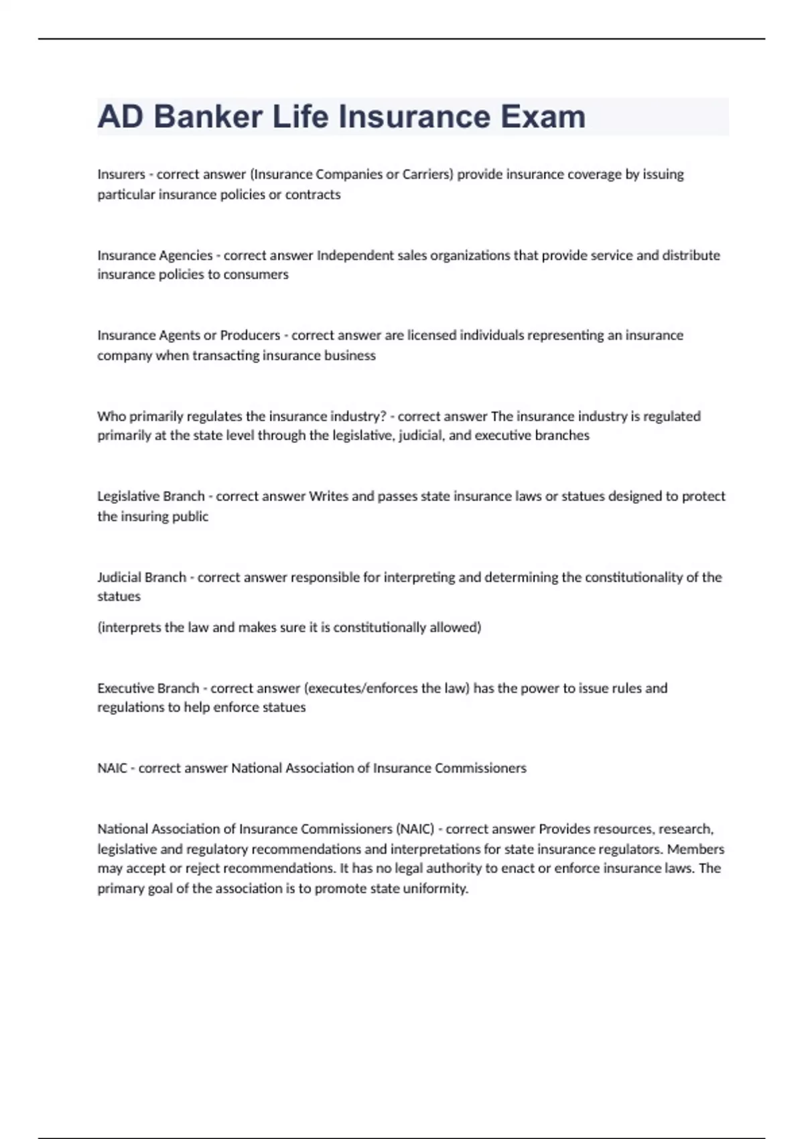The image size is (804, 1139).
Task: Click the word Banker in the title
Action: tap(208, 117)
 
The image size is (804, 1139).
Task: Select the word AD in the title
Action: tap(120, 117)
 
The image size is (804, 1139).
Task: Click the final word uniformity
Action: tap(435, 888)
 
